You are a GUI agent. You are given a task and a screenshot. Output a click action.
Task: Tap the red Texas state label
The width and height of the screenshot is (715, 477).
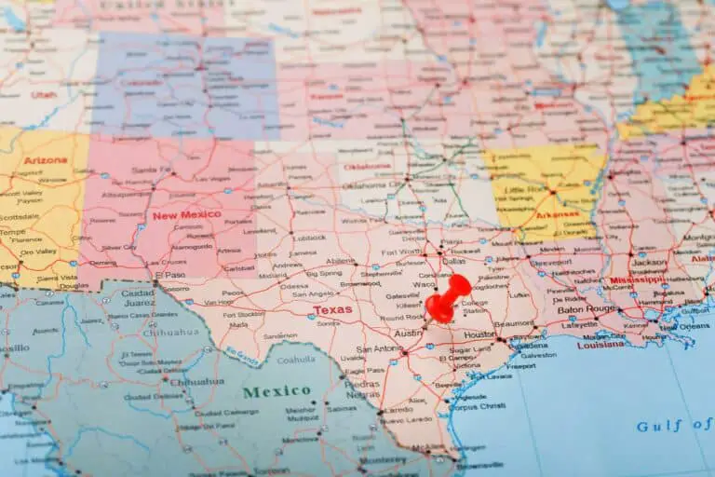click(x=332, y=309)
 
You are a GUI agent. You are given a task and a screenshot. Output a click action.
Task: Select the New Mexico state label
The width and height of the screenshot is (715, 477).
click(x=186, y=214)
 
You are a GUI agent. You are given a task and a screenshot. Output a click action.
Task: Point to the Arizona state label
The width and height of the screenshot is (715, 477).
click(x=46, y=160)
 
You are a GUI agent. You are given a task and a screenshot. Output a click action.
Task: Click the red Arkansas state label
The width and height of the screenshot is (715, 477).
click(x=557, y=215)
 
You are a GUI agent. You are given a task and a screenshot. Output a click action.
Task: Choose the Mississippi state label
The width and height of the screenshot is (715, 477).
click(x=637, y=279)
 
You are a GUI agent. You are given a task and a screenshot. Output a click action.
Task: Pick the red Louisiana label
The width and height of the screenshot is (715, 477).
click(x=600, y=344)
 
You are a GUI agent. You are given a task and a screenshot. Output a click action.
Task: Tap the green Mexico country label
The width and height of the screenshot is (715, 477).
click(x=277, y=391)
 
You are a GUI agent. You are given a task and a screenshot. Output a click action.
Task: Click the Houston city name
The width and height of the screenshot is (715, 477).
click(x=479, y=334)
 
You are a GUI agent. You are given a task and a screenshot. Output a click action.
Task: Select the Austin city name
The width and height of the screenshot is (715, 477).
click(x=407, y=333)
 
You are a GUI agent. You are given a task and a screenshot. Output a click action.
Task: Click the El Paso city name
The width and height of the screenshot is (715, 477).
click(x=170, y=275)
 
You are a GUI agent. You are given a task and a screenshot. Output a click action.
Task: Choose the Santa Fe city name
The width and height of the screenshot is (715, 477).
click(x=150, y=170)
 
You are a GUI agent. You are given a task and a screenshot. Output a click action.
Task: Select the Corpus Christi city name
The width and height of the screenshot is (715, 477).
click(x=480, y=407)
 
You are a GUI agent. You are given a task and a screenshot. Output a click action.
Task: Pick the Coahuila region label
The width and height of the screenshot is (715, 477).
click(x=296, y=360)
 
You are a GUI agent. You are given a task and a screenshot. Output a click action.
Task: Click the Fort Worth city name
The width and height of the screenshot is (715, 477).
click(x=401, y=252)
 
